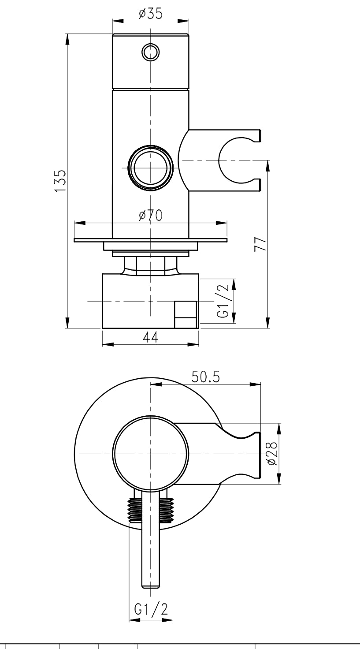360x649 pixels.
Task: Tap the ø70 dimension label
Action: click(x=150, y=215)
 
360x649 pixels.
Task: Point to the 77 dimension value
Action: click(x=260, y=244)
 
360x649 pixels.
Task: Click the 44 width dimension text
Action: click(x=150, y=337)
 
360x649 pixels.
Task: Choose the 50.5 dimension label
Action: click(x=207, y=377)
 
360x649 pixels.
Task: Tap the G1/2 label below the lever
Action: click(x=151, y=610)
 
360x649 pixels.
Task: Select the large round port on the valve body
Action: click(x=150, y=168)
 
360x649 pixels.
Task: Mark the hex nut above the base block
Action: click(x=150, y=266)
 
